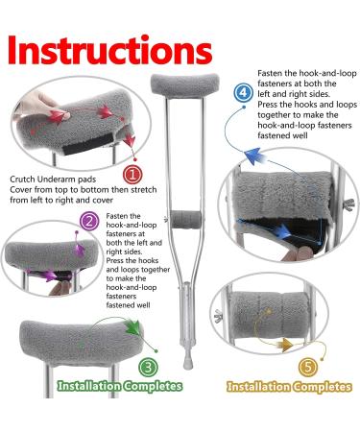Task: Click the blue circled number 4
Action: [x=244, y=92]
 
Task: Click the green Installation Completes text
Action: [x=119, y=387]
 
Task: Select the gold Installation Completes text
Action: [x=287, y=387]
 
